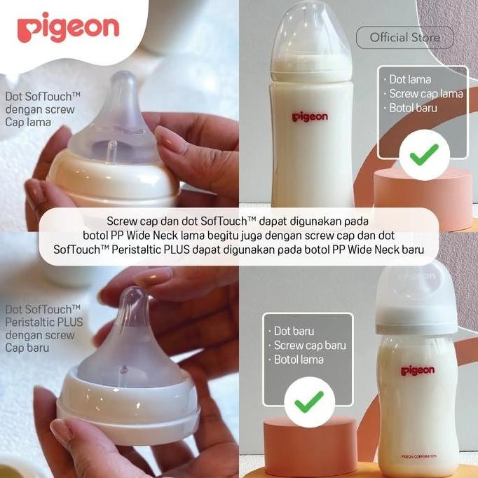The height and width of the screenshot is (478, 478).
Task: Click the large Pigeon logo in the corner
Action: (x=68, y=28)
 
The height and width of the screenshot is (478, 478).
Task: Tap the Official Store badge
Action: (x=404, y=37)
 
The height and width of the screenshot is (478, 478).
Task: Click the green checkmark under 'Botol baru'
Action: (x=423, y=153)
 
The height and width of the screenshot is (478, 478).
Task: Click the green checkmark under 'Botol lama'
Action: (x=308, y=401)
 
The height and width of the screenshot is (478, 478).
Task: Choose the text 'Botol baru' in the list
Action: (x=414, y=108)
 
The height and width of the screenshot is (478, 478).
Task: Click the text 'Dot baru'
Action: (x=294, y=331)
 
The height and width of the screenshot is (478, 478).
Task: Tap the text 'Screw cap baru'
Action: (x=309, y=345)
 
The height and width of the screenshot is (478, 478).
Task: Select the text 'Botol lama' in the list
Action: (x=299, y=359)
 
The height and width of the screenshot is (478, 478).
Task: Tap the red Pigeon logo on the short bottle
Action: (x=417, y=370)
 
